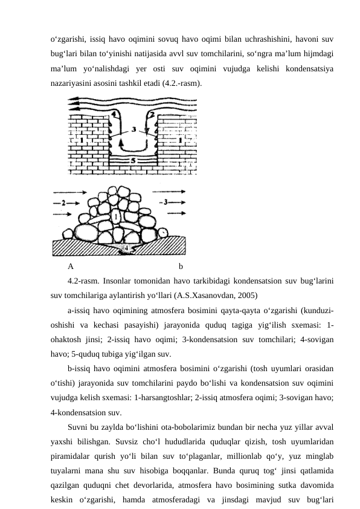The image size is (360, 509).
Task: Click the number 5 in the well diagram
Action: coord(133,161)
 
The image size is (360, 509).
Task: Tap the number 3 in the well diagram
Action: coord(133,129)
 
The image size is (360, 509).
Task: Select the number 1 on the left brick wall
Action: coord(82,141)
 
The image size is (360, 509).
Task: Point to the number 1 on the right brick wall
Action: coord(181,141)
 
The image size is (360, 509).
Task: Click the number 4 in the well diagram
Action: coord(114,114)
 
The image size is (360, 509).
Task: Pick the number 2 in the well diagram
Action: coord(151,115)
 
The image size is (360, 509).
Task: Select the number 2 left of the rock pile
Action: coord(63,203)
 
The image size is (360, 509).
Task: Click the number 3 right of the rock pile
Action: coord(166,203)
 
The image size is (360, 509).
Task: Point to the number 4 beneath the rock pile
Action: coord(126,248)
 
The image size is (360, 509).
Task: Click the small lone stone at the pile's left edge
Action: coord(68,234)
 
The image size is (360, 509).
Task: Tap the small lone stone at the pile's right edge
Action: coord(163,233)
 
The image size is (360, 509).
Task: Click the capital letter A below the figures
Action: coord(71,267)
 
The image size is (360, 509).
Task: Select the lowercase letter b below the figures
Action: coord(181,267)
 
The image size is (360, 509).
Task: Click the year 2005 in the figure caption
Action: coord(245,296)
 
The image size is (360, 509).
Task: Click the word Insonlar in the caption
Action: coord(117,280)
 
